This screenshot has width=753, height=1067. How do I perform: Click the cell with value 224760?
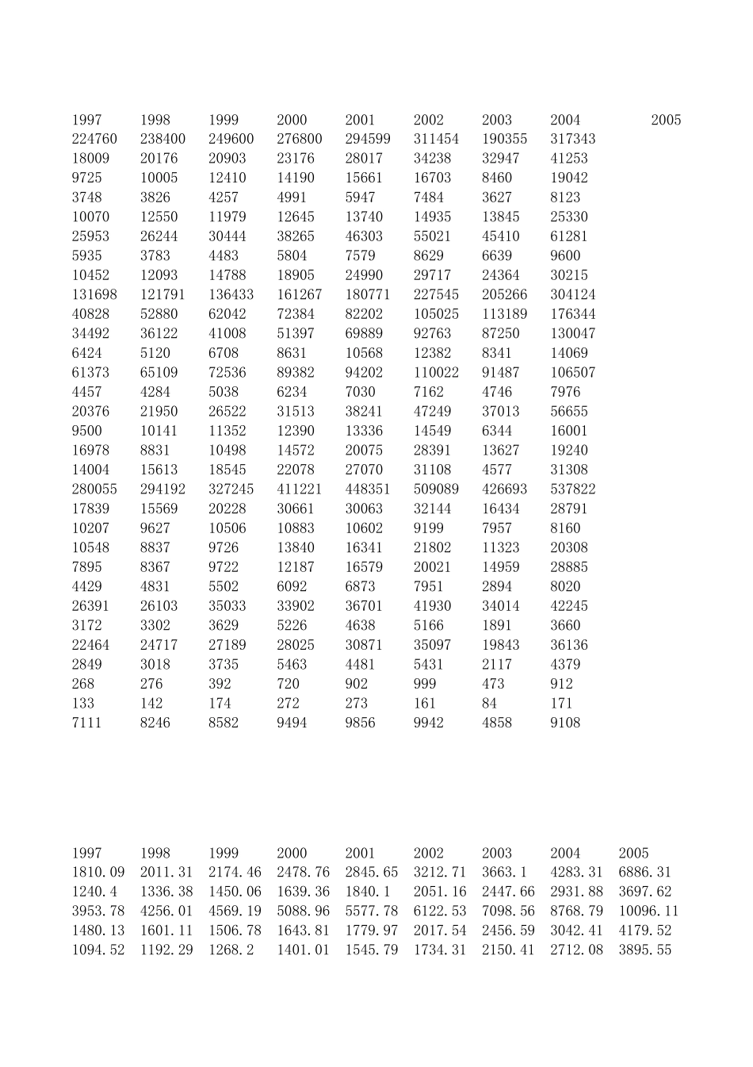point(94,139)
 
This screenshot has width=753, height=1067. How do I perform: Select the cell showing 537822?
point(572,489)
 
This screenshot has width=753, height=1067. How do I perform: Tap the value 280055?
point(94,489)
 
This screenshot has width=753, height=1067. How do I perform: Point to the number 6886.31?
point(644,872)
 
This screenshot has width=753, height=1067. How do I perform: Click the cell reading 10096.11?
point(648,911)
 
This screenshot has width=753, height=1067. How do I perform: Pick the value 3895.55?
point(644,950)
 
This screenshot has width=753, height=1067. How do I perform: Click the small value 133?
point(83,704)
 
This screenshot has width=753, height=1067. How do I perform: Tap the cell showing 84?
point(490,704)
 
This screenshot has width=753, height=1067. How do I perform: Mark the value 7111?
point(86,723)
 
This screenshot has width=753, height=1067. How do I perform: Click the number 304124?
point(572,294)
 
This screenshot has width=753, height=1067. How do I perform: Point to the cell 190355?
point(504,139)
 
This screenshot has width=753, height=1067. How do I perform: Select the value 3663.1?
point(504,872)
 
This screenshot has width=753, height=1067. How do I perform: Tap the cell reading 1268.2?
point(231,950)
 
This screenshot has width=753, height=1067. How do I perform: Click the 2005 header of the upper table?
point(666,120)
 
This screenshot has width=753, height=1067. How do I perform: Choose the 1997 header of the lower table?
point(86,853)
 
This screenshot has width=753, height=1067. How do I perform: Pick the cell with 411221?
point(300,489)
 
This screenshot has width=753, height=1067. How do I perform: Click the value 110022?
point(436,372)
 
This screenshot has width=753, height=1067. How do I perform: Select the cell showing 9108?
point(565,723)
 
